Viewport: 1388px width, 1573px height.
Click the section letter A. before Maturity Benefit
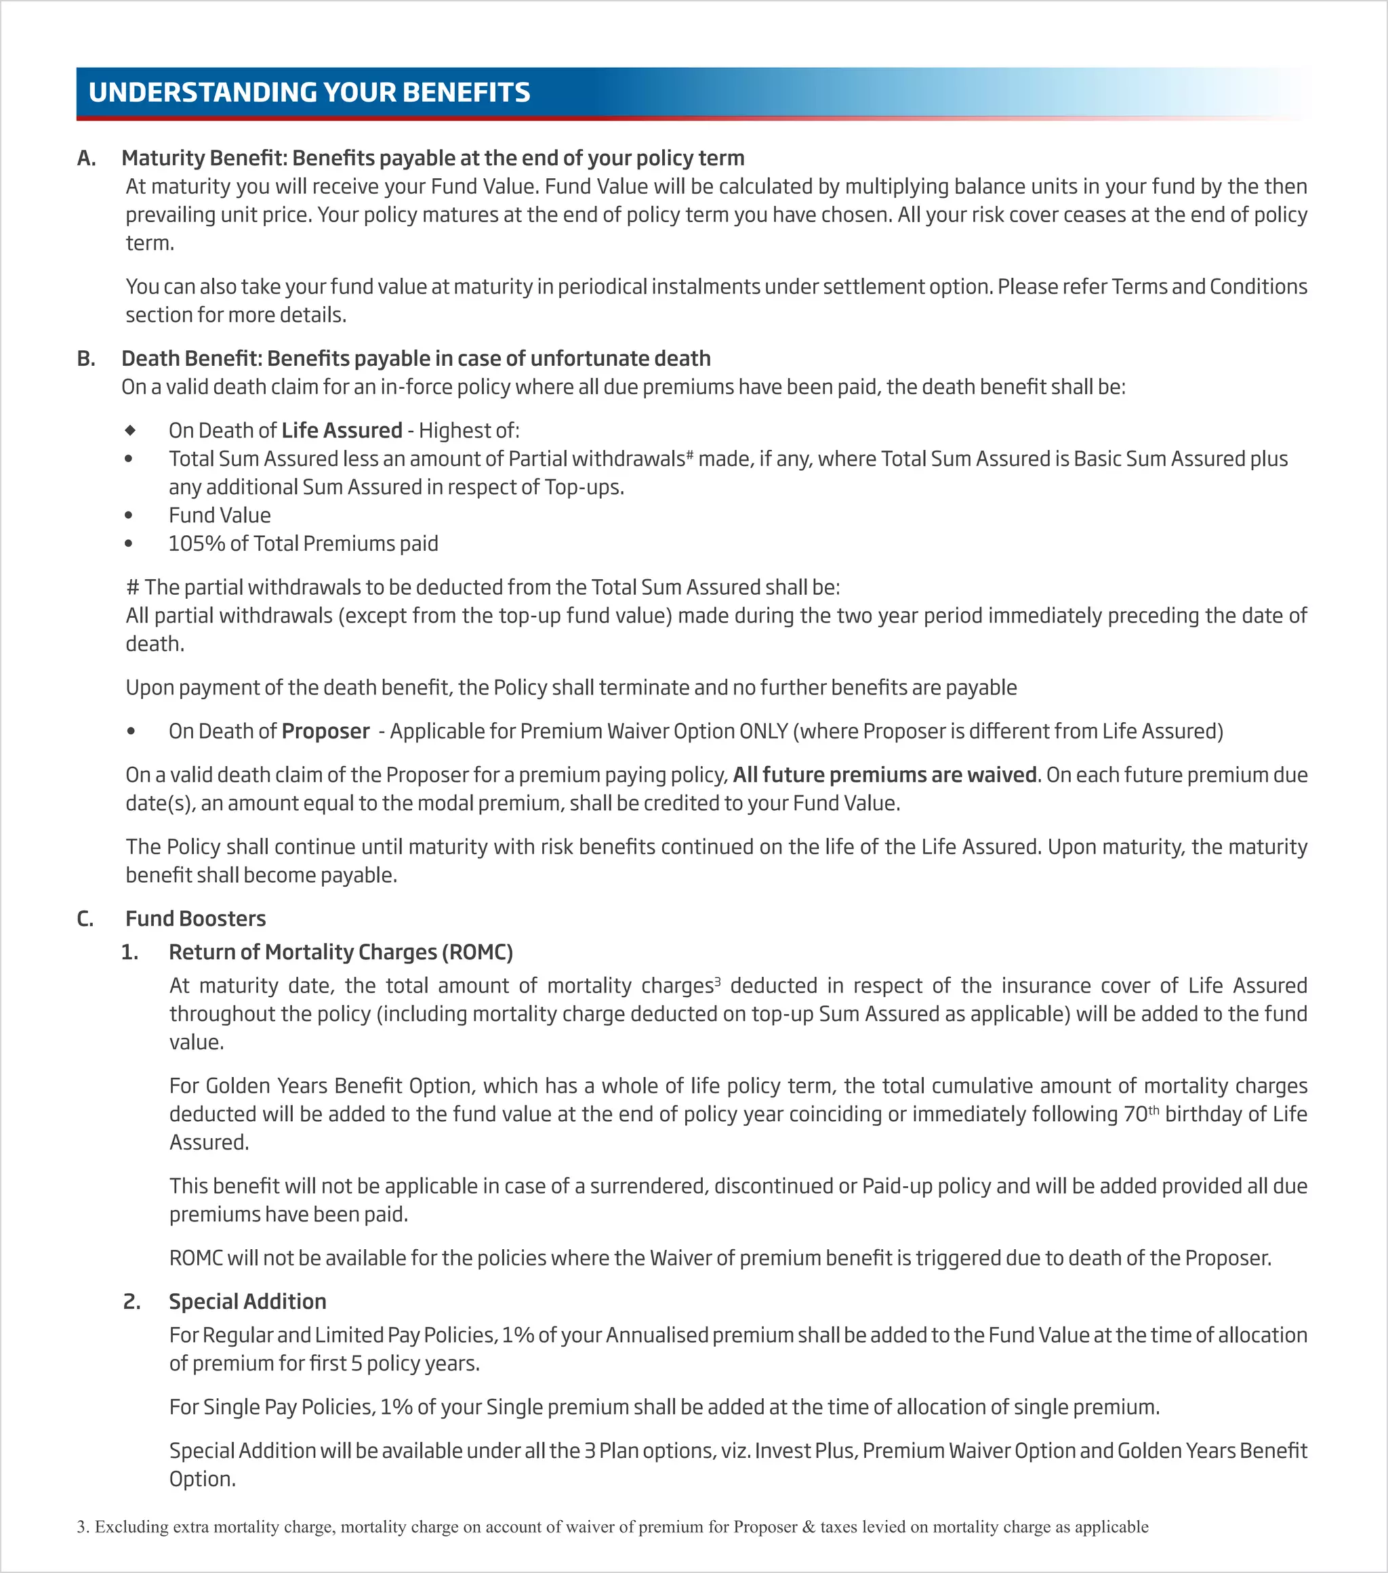pos(86,159)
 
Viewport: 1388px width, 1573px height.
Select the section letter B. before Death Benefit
pos(86,358)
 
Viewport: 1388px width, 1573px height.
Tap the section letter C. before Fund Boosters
pos(85,919)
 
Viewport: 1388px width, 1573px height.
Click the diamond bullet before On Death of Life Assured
pos(130,430)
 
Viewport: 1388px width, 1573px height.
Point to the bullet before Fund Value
pos(129,516)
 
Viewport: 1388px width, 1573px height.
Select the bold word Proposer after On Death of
pos(325,731)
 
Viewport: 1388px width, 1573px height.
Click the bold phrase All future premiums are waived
pos(884,775)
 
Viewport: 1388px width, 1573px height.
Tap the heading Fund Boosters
pos(196,919)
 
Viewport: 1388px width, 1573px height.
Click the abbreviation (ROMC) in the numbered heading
pos(477,952)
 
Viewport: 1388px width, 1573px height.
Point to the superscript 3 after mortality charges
pos(718,981)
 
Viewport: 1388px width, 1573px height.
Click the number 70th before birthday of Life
pos(1141,1114)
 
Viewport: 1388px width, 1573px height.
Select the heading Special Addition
pos(247,1302)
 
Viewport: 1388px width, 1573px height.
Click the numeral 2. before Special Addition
pos(131,1302)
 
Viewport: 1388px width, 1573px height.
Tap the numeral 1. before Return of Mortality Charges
pos(130,952)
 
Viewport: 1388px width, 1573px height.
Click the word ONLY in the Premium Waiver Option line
pos(763,731)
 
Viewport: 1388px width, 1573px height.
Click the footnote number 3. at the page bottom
pos(83,1527)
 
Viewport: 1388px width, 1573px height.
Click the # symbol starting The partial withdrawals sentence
pos(132,588)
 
